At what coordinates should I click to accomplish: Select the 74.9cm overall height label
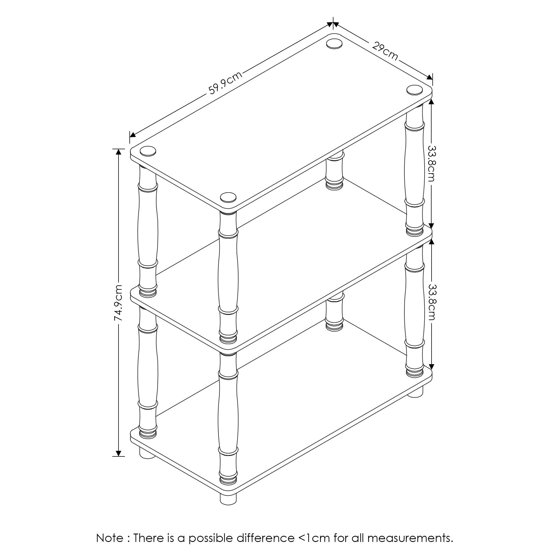[119, 303]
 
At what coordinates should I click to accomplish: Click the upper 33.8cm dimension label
[431, 163]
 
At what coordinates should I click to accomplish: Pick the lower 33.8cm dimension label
[431, 302]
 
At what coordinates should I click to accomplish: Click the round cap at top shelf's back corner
[334, 44]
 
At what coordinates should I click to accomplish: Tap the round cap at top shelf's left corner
[148, 151]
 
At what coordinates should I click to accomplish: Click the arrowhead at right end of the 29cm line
[430, 77]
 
